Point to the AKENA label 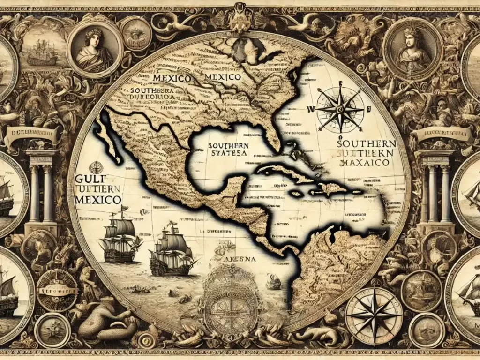pos(240,258)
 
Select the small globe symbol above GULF pos(96,166)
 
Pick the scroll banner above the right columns pos(443,134)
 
